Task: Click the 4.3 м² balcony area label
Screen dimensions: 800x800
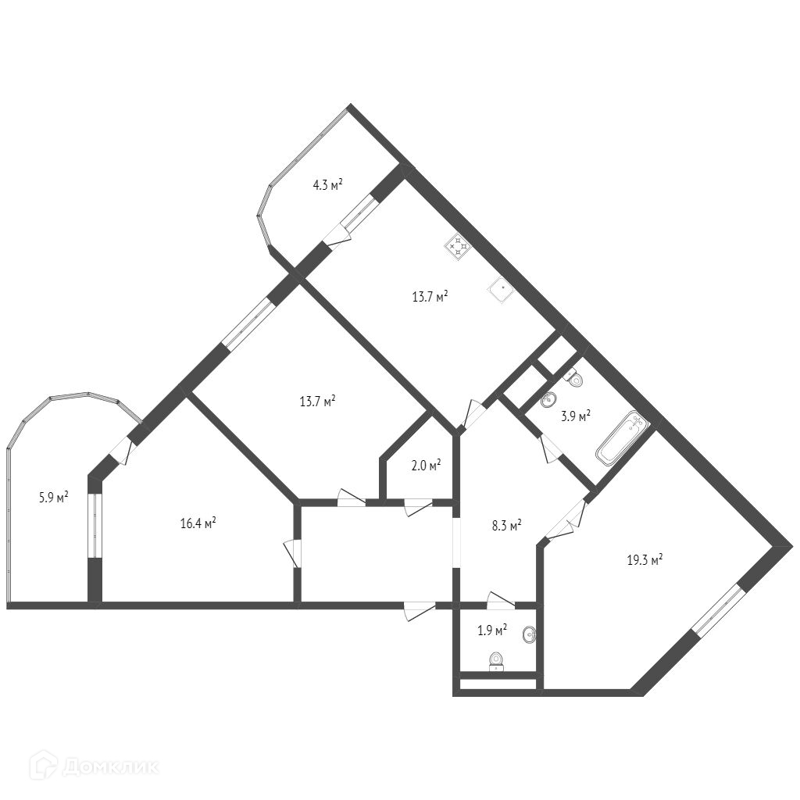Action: click(x=328, y=185)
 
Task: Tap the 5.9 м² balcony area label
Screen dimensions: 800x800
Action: click(x=54, y=496)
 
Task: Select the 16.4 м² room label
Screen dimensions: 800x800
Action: click(x=198, y=523)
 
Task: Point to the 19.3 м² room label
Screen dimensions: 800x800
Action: click(x=645, y=559)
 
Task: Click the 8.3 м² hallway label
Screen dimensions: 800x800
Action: click(x=506, y=526)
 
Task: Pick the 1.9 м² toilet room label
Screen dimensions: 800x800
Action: click(x=492, y=630)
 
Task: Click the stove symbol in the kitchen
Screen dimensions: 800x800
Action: click(x=458, y=248)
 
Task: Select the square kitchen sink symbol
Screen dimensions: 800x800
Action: click(x=500, y=290)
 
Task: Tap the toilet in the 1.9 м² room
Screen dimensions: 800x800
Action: click(x=495, y=662)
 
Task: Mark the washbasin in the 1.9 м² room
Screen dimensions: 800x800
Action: click(x=530, y=635)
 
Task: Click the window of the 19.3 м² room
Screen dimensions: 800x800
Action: click(x=718, y=610)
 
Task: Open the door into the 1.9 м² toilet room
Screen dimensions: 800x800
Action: click(x=500, y=601)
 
